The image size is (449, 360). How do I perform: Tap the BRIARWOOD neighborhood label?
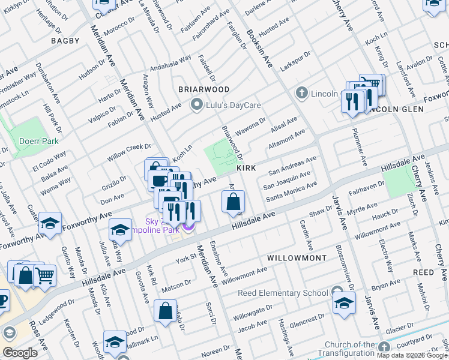point(204,89)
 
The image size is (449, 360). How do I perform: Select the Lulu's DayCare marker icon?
point(196,105)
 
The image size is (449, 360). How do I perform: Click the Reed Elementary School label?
point(283,293)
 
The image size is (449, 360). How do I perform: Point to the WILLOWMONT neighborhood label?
point(297,258)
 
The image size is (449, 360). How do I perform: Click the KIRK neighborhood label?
point(247,169)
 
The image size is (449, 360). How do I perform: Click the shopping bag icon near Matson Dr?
point(165,311)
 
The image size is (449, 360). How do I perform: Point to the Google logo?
point(20,353)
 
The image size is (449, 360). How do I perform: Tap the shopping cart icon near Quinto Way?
point(44,275)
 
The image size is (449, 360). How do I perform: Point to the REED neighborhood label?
point(424,272)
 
